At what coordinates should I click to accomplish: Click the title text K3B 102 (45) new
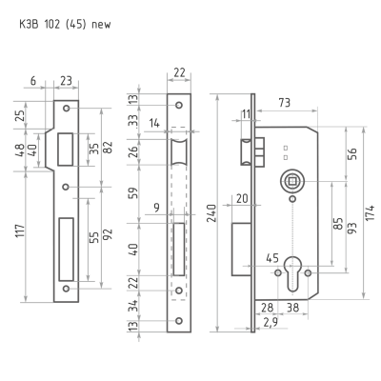[65, 25]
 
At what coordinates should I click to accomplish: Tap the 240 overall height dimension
[212, 213]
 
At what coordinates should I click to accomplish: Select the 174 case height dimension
[371, 213]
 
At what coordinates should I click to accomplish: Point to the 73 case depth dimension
[285, 103]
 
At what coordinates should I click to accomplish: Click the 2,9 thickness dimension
[271, 322]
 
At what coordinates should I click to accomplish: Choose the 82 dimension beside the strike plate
[109, 148]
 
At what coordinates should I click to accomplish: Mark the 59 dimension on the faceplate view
[134, 193]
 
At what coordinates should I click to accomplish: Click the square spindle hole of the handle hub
[292, 182]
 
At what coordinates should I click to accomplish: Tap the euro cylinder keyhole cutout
[292, 273]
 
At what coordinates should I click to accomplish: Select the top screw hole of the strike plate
[67, 109]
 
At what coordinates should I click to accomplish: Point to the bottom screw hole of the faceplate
[179, 321]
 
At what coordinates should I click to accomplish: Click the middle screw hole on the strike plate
[66, 187]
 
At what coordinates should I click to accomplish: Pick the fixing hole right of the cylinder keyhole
[308, 273]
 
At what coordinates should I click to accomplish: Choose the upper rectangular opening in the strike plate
[66, 150]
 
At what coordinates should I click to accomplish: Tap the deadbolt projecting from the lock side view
[242, 250]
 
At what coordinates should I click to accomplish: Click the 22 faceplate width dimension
[179, 73]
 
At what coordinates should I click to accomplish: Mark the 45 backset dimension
[272, 258]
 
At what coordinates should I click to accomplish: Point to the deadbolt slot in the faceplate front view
[179, 250]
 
